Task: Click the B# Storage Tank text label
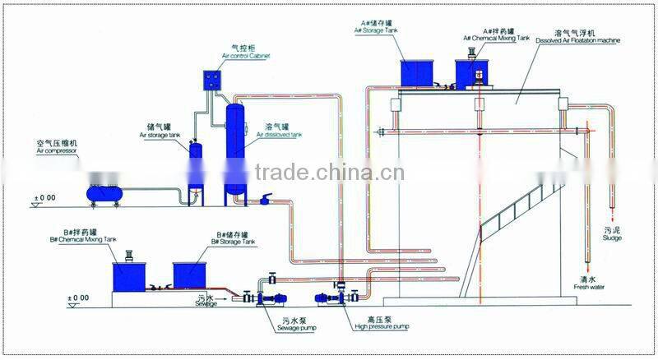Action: coord(234,242)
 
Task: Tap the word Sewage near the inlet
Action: coord(206,303)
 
